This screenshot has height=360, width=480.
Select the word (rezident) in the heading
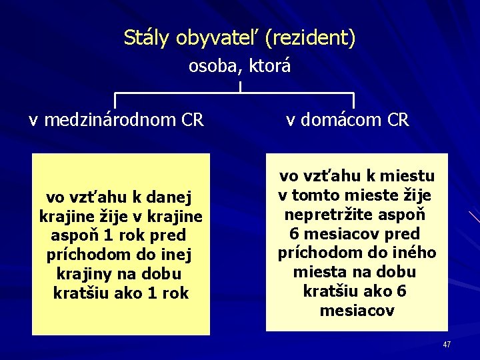coord(309,39)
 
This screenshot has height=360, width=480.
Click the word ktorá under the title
coord(270,67)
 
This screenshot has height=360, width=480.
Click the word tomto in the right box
coord(318,196)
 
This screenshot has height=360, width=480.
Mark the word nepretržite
coord(325,215)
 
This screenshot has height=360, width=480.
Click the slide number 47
coord(447,344)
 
